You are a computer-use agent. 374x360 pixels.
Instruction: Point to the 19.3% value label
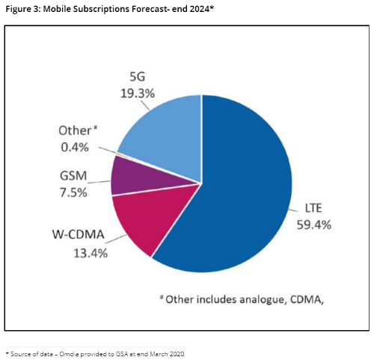tap(137, 94)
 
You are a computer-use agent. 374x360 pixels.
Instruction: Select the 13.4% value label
tap(89, 254)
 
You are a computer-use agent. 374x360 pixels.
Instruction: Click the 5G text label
tap(136, 78)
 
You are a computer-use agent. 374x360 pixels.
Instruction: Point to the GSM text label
tap(73, 177)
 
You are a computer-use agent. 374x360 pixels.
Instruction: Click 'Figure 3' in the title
tap(23, 9)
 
